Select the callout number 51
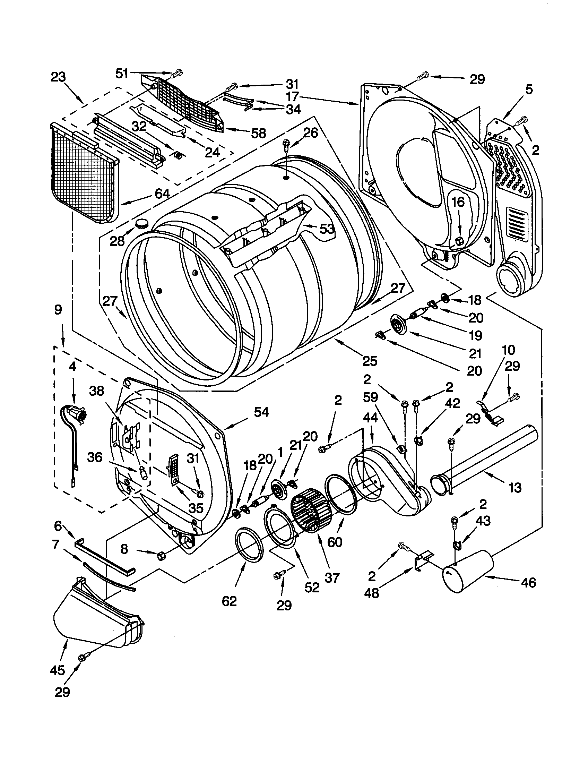click(122, 74)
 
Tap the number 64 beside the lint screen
click(162, 194)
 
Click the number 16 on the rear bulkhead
click(458, 202)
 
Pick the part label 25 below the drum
click(370, 361)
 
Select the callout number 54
click(261, 412)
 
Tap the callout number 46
click(528, 582)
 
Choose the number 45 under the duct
click(57, 670)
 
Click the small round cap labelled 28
click(142, 222)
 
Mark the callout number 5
click(529, 90)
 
